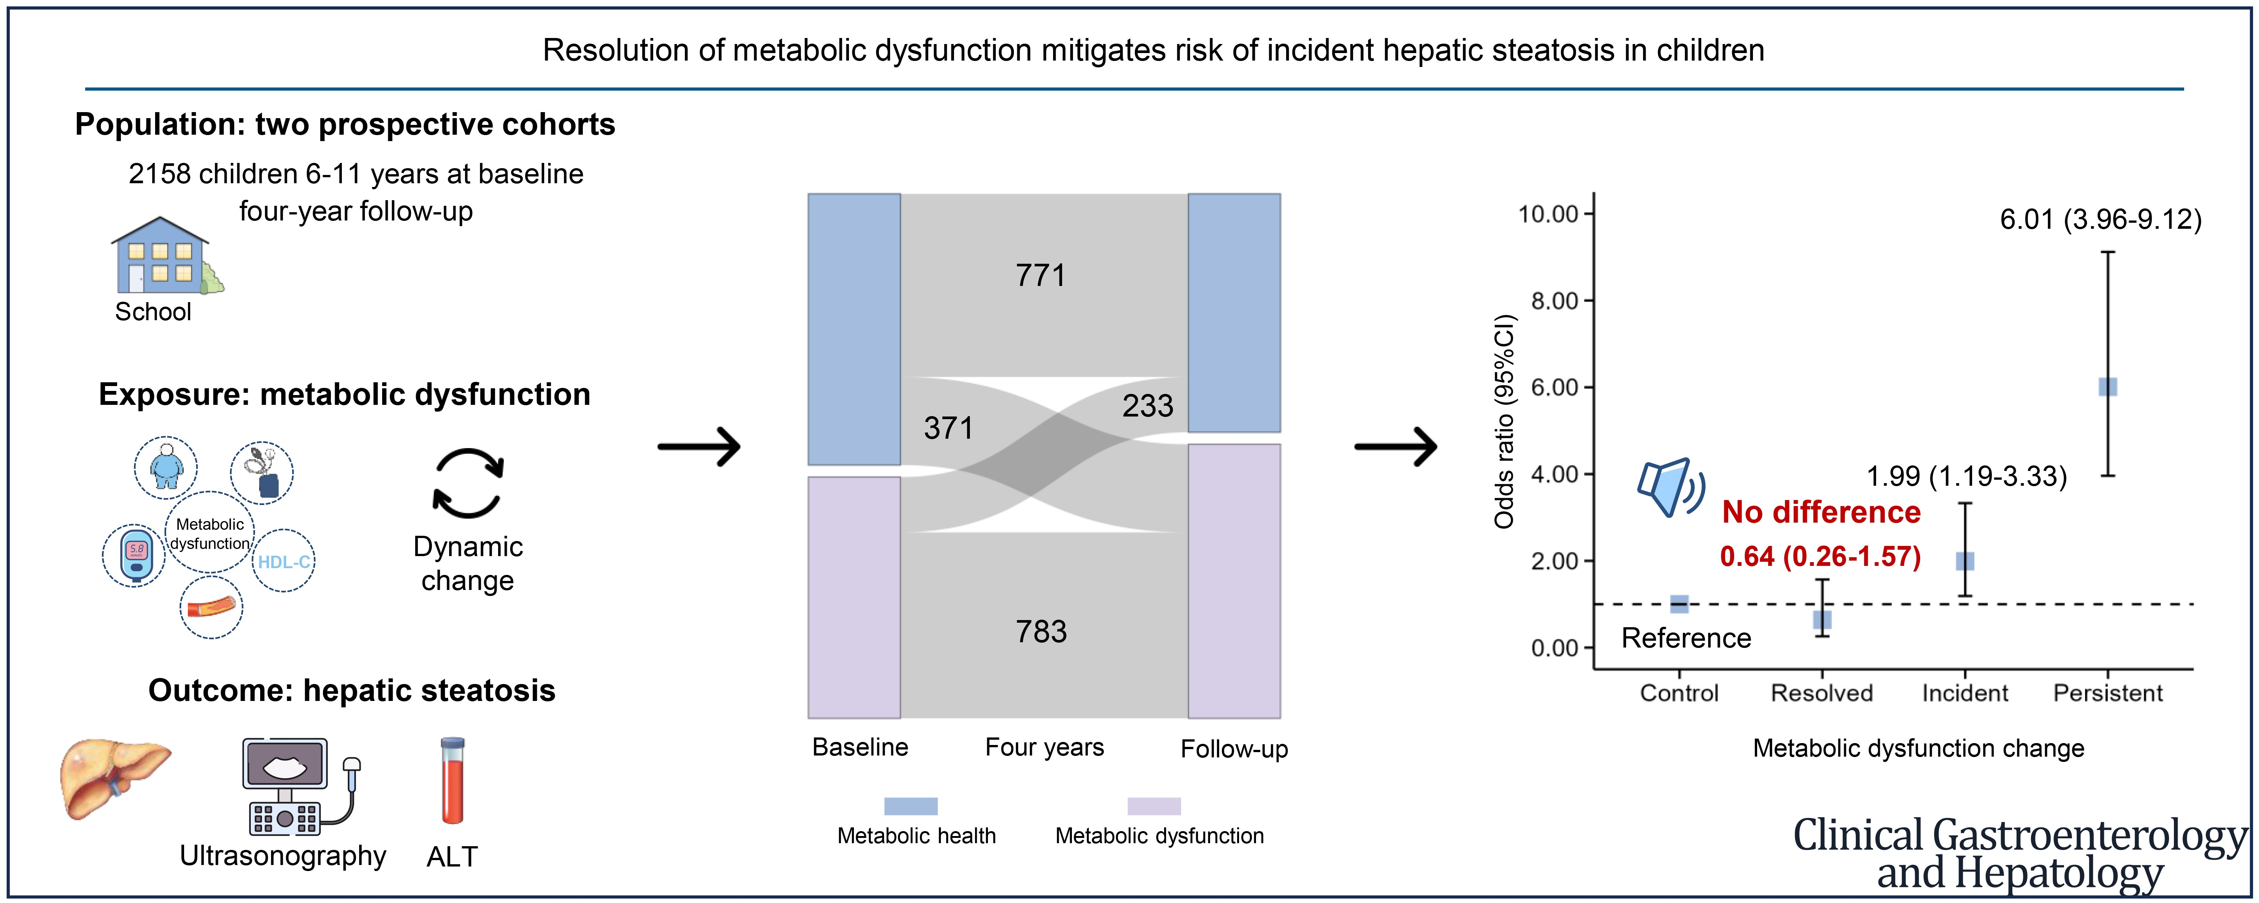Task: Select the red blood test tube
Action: pos(453,780)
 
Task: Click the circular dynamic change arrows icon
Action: pos(468,484)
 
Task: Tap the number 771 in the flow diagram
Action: pos(1041,275)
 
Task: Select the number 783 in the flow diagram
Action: pos(1041,631)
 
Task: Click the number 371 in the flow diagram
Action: pos(948,428)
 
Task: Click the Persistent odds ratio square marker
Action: pos(2107,387)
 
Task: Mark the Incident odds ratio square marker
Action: pos(1965,561)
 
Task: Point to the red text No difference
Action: pos(1822,512)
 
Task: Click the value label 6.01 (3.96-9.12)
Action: pos(2100,219)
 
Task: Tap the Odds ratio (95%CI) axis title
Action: pos(1505,421)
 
